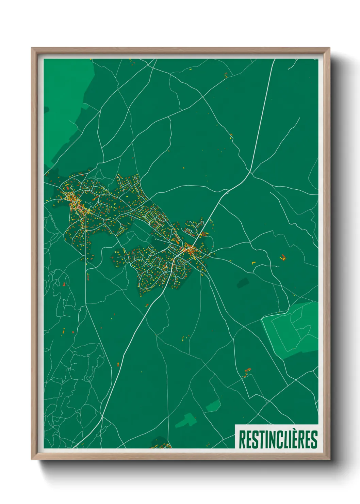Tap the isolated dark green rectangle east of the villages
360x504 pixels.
(x=243, y=282)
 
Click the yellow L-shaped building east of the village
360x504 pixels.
(x=253, y=263)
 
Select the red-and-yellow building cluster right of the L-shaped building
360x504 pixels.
(x=282, y=257)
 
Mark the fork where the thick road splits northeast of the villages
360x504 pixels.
(x=251, y=172)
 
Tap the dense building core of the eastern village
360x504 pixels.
(x=189, y=249)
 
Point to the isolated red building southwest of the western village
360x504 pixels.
(x=64, y=283)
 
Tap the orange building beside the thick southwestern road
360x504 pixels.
(x=118, y=364)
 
